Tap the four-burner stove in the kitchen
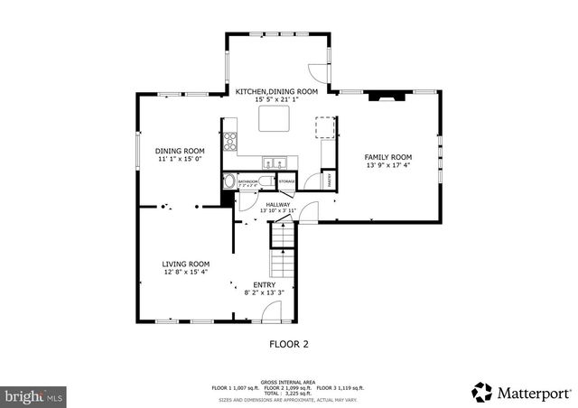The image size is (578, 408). click(230, 140)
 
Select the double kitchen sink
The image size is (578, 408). click(275, 163)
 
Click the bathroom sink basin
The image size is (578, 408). click(228, 181)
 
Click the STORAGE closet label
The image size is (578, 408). click(286, 182)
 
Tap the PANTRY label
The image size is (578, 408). click(331, 181)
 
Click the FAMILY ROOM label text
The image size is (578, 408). click(387, 156)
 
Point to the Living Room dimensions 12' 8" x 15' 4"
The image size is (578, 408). click(185, 272)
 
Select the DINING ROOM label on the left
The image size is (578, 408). click(180, 151)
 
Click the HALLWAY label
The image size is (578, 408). click(278, 204)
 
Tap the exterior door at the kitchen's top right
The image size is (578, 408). click(316, 73)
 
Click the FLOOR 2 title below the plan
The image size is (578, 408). click(289, 344)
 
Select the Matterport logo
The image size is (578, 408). click(521, 393)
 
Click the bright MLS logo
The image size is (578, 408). click(33, 395)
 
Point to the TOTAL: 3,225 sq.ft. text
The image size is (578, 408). click(289, 393)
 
